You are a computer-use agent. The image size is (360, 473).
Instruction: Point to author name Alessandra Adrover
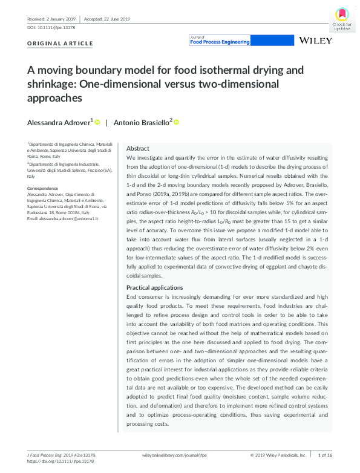[59, 122]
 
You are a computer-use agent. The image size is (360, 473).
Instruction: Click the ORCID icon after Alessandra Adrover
[97, 122]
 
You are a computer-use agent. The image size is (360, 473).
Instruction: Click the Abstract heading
[138, 149]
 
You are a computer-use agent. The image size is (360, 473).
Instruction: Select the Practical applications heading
[154, 287]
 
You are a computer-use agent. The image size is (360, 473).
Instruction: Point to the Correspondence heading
[45, 189]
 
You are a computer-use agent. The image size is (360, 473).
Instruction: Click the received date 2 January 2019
[42, 19]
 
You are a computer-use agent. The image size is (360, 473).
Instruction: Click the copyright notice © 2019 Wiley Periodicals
[279, 454]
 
